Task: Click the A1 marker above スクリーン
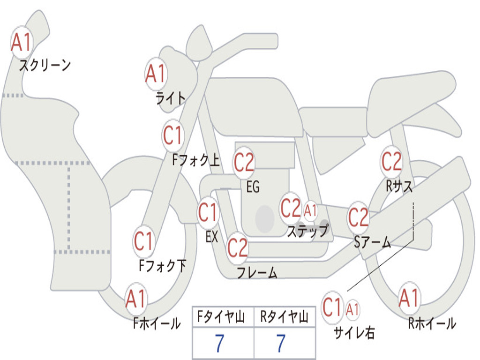[x=21, y=42]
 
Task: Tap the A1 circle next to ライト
[x=156, y=74]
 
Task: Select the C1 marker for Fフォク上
[x=173, y=135]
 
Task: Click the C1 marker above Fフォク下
[x=143, y=241]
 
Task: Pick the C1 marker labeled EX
[x=208, y=212]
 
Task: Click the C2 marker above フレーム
[x=237, y=247]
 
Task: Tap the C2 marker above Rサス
[x=391, y=161]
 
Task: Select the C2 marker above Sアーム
[x=359, y=217]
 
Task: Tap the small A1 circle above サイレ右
[x=353, y=309]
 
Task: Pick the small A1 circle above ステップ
[x=310, y=210]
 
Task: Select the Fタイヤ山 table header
[x=223, y=318]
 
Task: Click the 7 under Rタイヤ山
[x=281, y=344]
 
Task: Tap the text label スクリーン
[x=45, y=65]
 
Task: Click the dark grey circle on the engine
[x=265, y=218]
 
